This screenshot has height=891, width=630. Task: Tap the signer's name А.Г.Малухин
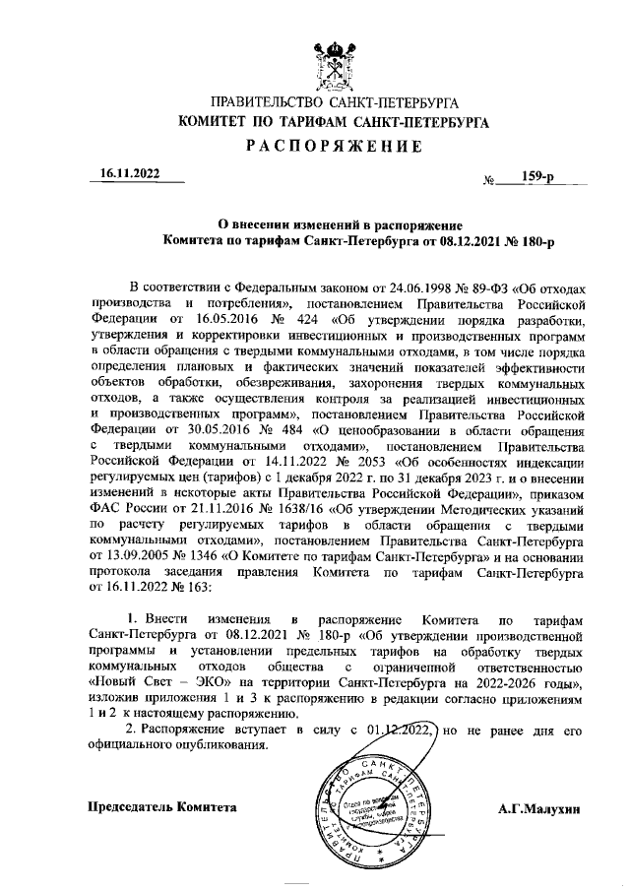(540, 806)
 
